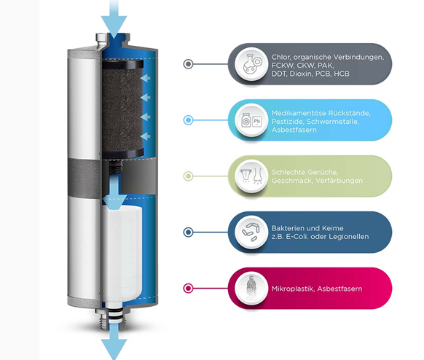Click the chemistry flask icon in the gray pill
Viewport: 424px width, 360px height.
pos(251,64)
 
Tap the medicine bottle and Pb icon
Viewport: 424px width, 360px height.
pos(251,120)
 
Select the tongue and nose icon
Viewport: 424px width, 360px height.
pos(251,176)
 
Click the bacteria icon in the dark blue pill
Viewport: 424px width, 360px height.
pos(251,232)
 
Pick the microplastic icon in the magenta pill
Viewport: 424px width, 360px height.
pos(251,288)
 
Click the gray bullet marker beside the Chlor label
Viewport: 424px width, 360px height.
pos(188,64)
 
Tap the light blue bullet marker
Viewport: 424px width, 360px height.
pos(188,120)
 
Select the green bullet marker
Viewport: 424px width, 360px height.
pos(188,176)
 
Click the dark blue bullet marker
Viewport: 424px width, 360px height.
pos(188,232)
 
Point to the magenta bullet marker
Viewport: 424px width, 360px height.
pos(188,288)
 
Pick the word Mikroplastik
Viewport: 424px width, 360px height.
pos(293,289)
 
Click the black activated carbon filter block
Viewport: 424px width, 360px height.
pos(122,109)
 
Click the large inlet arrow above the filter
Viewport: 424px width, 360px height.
pos(114,19)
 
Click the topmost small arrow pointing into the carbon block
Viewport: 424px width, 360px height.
pos(146,78)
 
